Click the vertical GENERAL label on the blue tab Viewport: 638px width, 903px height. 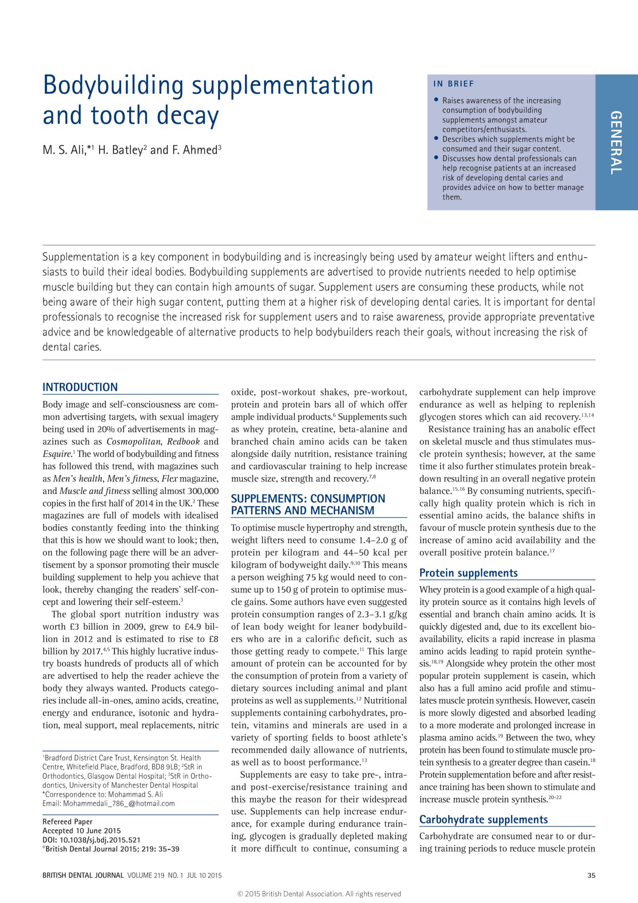pos(616,142)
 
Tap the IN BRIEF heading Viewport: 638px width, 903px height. pos(453,84)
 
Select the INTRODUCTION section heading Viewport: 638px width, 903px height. pos(80,387)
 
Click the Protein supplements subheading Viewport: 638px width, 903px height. pos(468,573)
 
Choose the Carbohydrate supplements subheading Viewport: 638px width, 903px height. pos(483,820)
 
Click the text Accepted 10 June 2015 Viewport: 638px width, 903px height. pos(82,831)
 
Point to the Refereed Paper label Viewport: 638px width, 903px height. pos(68,822)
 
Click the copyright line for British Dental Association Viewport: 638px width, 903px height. pos(319,894)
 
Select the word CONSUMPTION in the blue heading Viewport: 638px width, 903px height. pos(347,499)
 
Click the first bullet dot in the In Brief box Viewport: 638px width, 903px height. pos(436,100)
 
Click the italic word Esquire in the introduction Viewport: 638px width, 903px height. pos(57,454)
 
